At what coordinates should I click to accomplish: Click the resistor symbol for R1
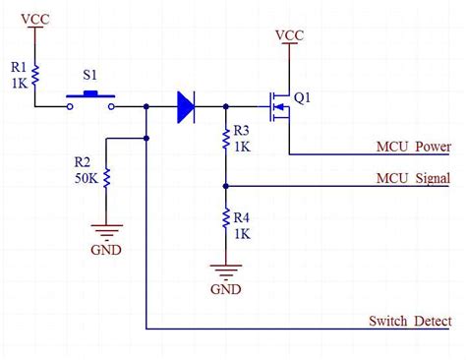pyautogui.click(x=36, y=74)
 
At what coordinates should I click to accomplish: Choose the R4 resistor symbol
pyautogui.click(x=225, y=215)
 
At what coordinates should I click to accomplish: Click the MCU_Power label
pyautogui.click(x=413, y=148)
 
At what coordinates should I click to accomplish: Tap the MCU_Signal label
pyautogui.click(x=413, y=178)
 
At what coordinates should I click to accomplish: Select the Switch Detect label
pyautogui.click(x=410, y=322)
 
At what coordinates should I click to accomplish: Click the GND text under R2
pyautogui.click(x=106, y=250)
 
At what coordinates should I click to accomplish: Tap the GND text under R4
pyautogui.click(x=225, y=289)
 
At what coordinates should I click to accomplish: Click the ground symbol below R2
pyautogui.click(x=106, y=231)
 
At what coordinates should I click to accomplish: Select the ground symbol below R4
pyautogui.click(x=225, y=270)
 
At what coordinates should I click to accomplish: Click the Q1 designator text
pyautogui.click(x=303, y=97)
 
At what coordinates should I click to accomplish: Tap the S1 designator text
pyautogui.click(x=90, y=75)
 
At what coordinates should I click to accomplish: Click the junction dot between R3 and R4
pyautogui.click(x=225, y=184)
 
